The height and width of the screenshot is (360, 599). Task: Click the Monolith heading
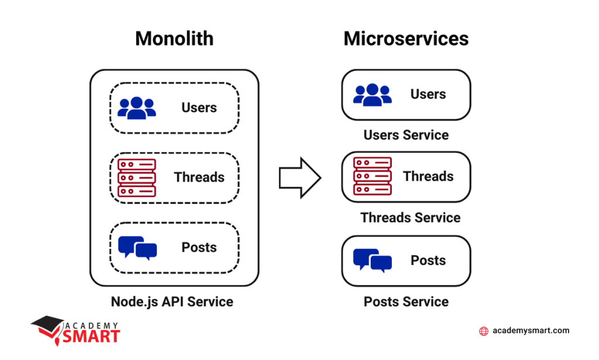pyautogui.click(x=174, y=39)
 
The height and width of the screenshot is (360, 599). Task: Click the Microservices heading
pyautogui.click(x=406, y=39)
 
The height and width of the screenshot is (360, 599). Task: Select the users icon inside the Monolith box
pyautogui.click(x=136, y=108)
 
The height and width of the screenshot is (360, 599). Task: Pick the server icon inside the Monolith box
pyautogui.click(x=136, y=177)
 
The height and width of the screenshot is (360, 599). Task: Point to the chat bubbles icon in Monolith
pyautogui.click(x=137, y=248)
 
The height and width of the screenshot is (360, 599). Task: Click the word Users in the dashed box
pyautogui.click(x=199, y=108)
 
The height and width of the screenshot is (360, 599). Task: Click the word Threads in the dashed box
pyautogui.click(x=199, y=177)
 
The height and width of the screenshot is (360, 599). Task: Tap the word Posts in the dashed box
pyautogui.click(x=199, y=248)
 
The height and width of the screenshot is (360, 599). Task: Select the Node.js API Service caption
pyautogui.click(x=172, y=302)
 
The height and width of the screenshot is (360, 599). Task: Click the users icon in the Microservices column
pyautogui.click(x=372, y=95)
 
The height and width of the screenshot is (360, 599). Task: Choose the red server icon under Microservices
pyautogui.click(x=372, y=176)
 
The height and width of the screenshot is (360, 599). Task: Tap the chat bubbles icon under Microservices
pyautogui.click(x=372, y=260)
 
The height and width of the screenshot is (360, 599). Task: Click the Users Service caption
pyautogui.click(x=406, y=135)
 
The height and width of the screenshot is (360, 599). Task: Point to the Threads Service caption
pyautogui.click(x=410, y=218)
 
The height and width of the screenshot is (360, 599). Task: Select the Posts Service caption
pyautogui.click(x=406, y=302)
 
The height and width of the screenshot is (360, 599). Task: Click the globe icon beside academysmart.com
pyautogui.click(x=484, y=331)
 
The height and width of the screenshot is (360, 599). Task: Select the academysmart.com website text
pyautogui.click(x=531, y=331)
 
